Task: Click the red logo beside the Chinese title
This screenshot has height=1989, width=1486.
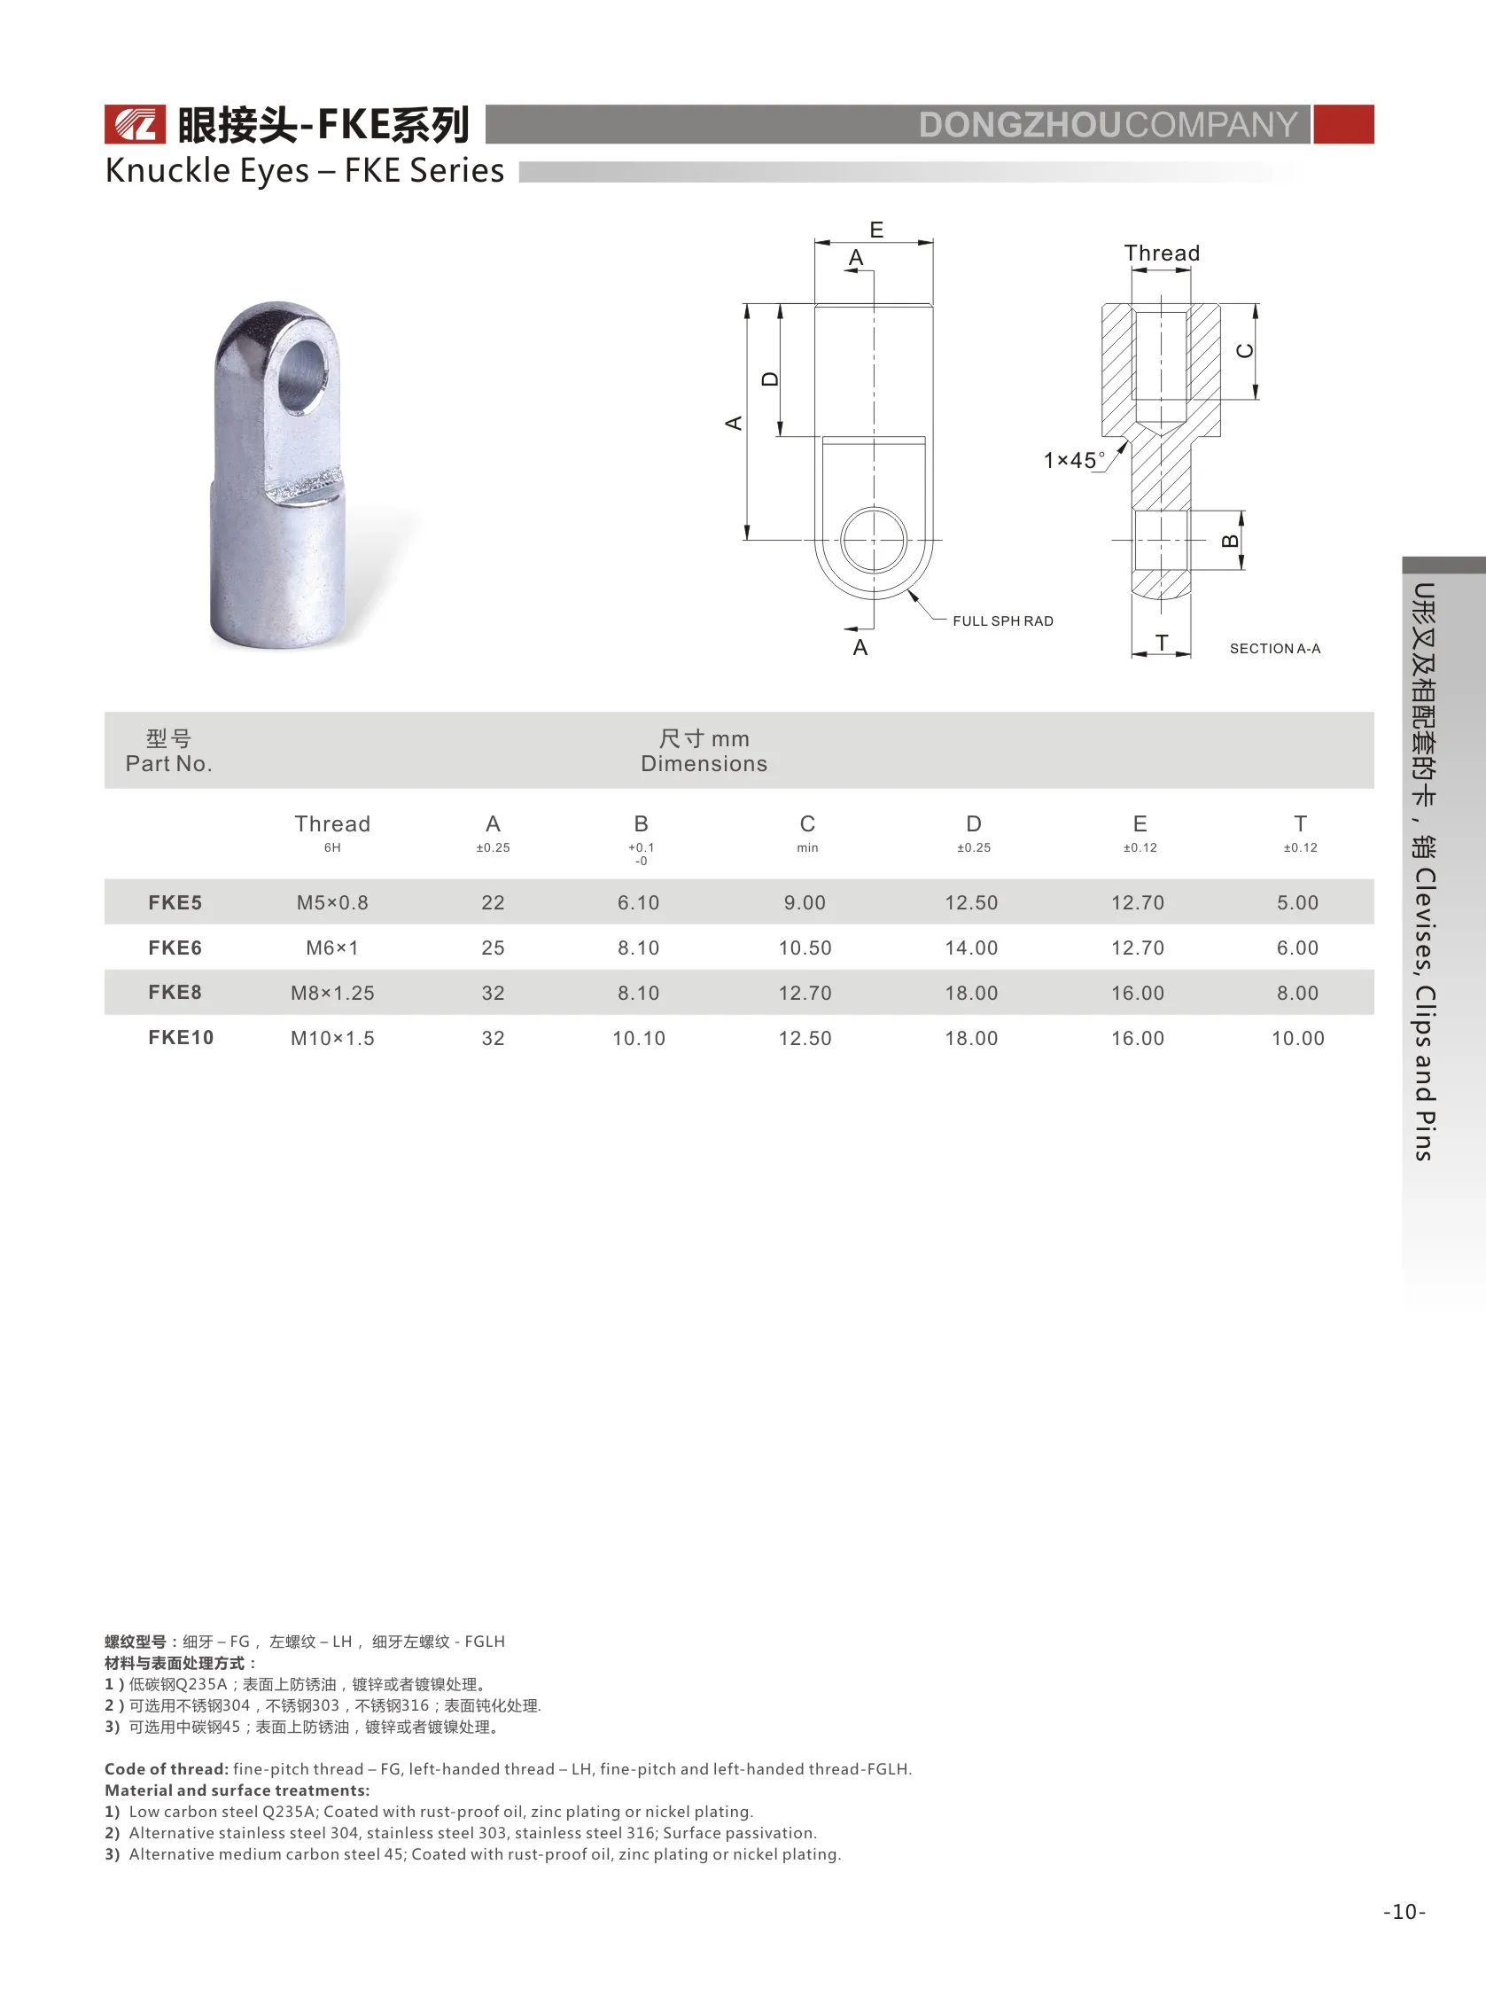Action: (x=135, y=124)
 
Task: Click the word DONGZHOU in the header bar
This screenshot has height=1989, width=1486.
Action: (x=1019, y=125)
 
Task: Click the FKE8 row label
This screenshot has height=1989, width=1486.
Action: (x=175, y=992)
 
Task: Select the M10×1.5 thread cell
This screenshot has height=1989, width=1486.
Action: (x=331, y=1038)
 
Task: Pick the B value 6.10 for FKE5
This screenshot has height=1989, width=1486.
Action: (x=637, y=902)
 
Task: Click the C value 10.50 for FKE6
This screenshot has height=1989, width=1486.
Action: (x=805, y=948)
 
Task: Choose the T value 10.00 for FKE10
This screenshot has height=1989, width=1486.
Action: (x=1296, y=1038)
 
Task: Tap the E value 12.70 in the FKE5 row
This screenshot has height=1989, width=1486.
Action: (x=1136, y=902)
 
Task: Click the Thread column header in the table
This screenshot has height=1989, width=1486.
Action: (x=331, y=823)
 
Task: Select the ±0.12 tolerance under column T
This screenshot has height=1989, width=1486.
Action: (x=1299, y=847)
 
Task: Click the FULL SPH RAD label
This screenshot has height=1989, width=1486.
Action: (x=1002, y=621)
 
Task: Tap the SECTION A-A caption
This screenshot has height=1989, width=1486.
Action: (x=1274, y=648)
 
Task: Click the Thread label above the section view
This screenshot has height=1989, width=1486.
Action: (x=1162, y=253)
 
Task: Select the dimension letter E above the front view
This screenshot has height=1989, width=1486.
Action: (x=875, y=230)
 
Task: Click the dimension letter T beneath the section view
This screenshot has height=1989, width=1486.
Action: (x=1162, y=642)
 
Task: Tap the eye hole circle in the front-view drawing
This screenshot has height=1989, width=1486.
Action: (x=873, y=540)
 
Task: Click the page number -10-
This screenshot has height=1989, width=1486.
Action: (x=1404, y=1912)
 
